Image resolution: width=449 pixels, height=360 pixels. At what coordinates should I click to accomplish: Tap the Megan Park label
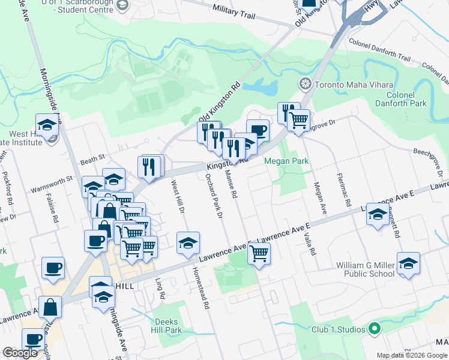pyautogui.click(x=286, y=161)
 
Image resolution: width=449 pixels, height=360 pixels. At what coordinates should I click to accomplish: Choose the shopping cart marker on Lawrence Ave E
pyautogui.click(x=259, y=253)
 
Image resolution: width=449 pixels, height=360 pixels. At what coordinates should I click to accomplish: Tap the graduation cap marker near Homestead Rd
pyautogui.click(x=188, y=242)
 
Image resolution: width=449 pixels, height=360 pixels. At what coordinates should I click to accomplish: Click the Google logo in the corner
pyautogui.click(x=20, y=353)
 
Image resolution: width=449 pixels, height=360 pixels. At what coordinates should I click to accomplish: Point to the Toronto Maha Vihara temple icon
pyautogui.click(x=306, y=83)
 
